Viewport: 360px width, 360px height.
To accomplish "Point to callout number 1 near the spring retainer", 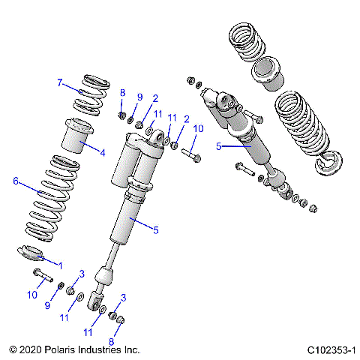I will click(x=60, y=265).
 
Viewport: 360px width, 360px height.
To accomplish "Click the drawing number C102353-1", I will click(x=330, y=350).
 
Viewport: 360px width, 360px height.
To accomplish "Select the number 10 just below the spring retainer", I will click(x=32, y=295).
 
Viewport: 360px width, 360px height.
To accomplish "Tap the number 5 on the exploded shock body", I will click(x=156, y=230).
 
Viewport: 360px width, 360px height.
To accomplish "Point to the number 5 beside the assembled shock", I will click(x=218, y=147).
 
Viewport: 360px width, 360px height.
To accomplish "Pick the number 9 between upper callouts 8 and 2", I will click(x=139, y=97).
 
